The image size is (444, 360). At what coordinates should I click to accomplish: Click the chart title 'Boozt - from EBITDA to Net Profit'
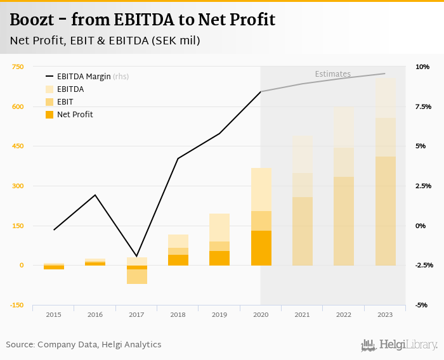pyautogui.click(x=143, y=20)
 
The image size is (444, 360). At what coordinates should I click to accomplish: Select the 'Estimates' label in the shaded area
pyautogui.click(x=332, y=74)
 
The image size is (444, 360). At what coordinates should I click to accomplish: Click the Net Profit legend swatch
pyautogui.click(x=49, y=115)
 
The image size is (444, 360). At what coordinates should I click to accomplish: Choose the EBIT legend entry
pyautogui.click(x=65, y=102)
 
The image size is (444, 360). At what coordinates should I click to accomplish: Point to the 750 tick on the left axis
pyautogui.click(x=17, y=67)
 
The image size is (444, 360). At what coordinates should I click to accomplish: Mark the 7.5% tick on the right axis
pyautogui.click(x=422, y=106)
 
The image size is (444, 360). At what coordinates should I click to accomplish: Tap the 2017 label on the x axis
pyautogui.click(x=136, y=314)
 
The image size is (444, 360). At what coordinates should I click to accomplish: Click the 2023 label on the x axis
pyautogui.click(x=385, y=314)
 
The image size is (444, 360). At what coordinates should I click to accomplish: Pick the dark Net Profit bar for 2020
pyautogui.click(x=261, y=248)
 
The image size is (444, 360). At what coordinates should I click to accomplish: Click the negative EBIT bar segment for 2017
pyautogui.click(x=136, y=276)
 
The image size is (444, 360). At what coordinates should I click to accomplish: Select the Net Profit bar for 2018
pyautogui.click(x=178, y=260)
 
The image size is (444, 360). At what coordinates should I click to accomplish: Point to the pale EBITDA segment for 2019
pyautogui.click(x=219, y=228)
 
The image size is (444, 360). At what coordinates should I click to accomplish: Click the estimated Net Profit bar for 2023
pyautogui.click(x=385, y=211)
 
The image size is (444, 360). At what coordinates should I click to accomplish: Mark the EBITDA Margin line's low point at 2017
pyautogui.click(x=136, y=255)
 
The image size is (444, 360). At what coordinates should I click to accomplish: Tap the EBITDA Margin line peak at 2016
pyautogui.click(x=95, y=195)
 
